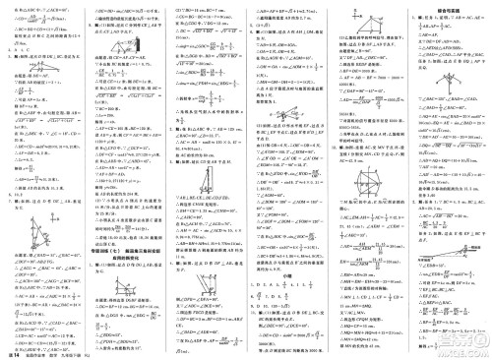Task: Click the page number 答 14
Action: tap(13, 353)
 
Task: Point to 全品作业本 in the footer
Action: tap(38, 354)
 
